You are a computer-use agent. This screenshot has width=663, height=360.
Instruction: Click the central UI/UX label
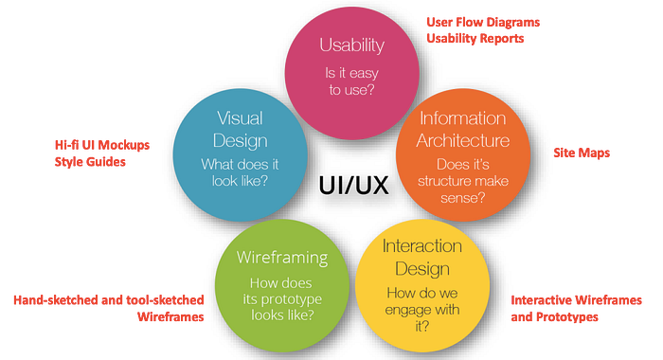(x=353, y=186)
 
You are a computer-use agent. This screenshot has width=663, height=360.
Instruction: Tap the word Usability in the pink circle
(x=351, y=45)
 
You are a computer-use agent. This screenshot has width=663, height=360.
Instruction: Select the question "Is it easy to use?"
(x=351, y=81)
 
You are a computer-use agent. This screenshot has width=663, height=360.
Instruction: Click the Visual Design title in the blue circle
(x=241, y=130)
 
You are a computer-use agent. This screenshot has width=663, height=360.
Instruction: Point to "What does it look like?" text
(x=240, y=172)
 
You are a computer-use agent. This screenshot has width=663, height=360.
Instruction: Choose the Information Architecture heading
(x=463, y=129)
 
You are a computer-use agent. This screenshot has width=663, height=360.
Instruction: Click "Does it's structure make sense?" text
(x=463, y=181)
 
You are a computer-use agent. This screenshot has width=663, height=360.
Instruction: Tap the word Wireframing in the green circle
(x=282, y=258)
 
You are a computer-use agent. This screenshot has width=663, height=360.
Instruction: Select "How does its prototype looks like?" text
(x=282, y=298)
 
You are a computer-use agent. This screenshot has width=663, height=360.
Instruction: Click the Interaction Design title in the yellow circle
(x=422, y=257)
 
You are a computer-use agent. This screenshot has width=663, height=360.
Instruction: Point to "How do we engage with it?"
(x=422, y=309)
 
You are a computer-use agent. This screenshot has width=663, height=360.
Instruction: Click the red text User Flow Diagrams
(x=483, y=22)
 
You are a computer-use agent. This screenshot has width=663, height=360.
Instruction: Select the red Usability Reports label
(x=475, y=39)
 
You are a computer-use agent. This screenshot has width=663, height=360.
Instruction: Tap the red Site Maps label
(x=582, y=153)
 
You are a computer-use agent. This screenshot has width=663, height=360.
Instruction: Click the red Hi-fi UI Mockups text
(x=102, y=145)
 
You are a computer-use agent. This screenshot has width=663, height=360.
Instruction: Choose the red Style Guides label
(x=90, y=162)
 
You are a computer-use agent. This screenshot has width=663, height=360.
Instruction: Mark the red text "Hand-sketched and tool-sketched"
(x=109, y=300)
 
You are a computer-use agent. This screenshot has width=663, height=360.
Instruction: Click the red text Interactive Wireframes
(x=576, y=300)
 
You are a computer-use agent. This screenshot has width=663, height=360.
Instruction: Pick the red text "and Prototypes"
(x=554, y=316)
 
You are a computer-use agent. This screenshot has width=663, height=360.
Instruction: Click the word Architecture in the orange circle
(x=463, y=140)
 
